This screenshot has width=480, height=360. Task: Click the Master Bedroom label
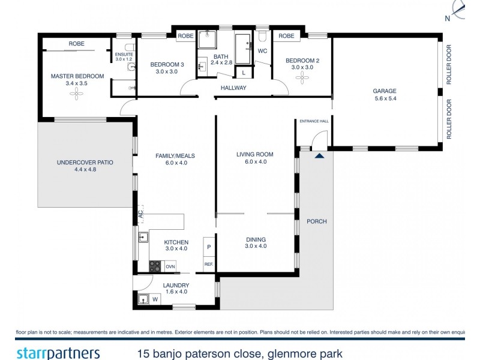77,76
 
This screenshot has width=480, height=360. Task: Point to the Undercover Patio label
85,162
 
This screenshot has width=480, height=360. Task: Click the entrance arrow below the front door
319,157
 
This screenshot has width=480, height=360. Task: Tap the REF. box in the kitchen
209,265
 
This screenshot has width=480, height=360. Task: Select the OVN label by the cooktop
170,266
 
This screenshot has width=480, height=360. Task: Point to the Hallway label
233,88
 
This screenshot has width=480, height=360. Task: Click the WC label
262,51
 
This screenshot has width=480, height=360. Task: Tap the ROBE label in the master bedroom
76,44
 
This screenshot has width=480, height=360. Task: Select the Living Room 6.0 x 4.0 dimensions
254,162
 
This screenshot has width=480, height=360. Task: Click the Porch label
316,221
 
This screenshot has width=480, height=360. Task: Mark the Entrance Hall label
314,121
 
